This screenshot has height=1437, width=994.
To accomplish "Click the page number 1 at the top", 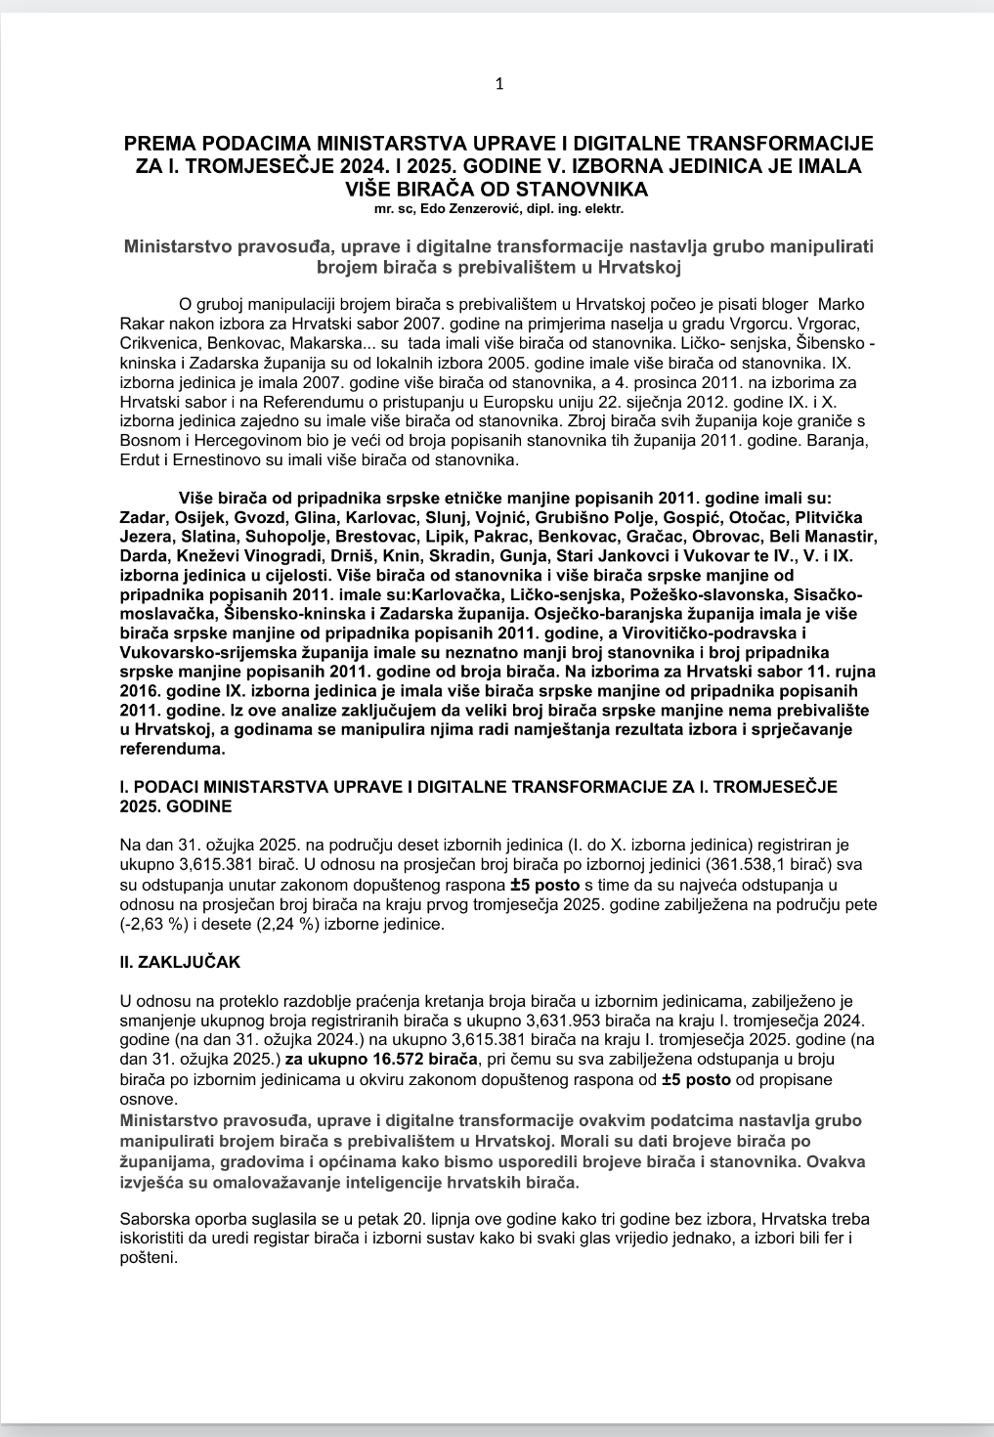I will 499,84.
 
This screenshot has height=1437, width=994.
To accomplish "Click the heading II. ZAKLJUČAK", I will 179,962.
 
